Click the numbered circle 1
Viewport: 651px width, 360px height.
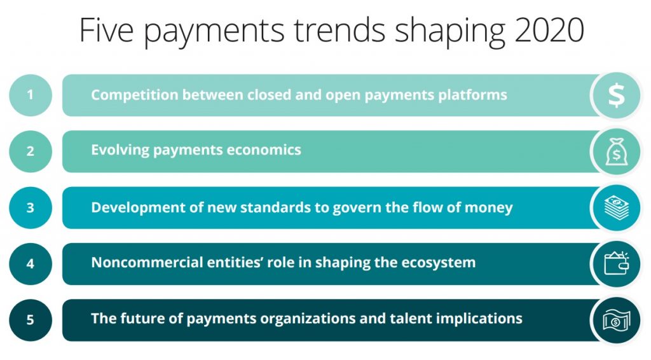[x=30, y=95]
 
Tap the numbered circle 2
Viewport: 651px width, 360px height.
[x=30, y=151]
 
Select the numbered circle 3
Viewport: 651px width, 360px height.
[x=30, y=207]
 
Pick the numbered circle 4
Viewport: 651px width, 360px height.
[x=30, y=263]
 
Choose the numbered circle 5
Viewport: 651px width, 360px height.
[x=30, y=319]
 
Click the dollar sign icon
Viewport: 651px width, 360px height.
[x=616, y=95]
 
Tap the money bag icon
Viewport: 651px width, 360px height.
[x=616, y=151]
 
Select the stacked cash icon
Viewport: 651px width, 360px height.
[x=616, y=207]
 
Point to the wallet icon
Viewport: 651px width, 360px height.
[x=616, y=263]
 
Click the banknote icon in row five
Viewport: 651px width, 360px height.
[x=616, y=319]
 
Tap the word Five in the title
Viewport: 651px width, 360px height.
[x=104, y=31]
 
